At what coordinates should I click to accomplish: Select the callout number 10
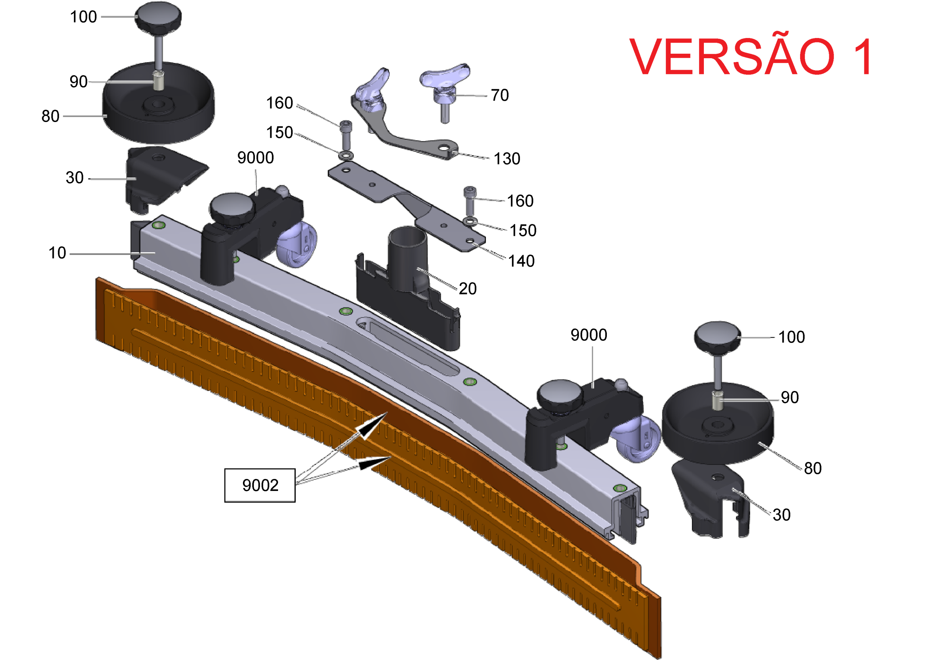click(57, 253)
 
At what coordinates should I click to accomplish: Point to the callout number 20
click(468, 288)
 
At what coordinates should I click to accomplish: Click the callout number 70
click(500, 95)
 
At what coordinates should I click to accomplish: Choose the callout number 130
click(506, 159)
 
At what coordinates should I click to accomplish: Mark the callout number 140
click(521, 261)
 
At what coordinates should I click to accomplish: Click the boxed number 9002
click(260, 485)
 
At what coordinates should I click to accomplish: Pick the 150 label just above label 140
click(523, 231)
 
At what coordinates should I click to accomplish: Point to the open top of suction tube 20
click(408, 235)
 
